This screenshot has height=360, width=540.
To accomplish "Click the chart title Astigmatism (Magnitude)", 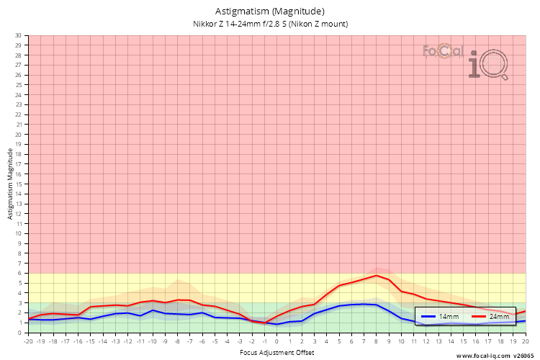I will pos(270,12).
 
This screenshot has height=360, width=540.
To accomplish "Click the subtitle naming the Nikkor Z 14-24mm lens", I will pos(270,24).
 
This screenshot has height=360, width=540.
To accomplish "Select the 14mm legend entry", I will pos(443,317).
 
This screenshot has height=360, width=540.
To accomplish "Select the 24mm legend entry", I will pos(493,317).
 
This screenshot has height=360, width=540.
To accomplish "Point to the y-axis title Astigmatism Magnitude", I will pos(11,184).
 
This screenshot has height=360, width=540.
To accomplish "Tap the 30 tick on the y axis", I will pos(18,35).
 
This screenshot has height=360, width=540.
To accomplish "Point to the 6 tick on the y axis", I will pos(19,274).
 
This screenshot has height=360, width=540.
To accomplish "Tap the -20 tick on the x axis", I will pos(29,341).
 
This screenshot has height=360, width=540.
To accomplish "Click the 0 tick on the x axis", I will pos(277,341).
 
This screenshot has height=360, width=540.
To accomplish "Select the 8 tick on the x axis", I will pos(377,341).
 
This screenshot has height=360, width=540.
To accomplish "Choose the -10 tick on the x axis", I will pos(153,341).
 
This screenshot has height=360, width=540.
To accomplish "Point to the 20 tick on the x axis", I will pos(525,341).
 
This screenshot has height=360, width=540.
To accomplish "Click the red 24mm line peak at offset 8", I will pos(377,276).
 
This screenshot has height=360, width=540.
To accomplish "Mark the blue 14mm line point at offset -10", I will pos(153,310).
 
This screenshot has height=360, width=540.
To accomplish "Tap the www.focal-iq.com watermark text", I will pos(483,355).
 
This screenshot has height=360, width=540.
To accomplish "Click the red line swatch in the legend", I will pos(479,317).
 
